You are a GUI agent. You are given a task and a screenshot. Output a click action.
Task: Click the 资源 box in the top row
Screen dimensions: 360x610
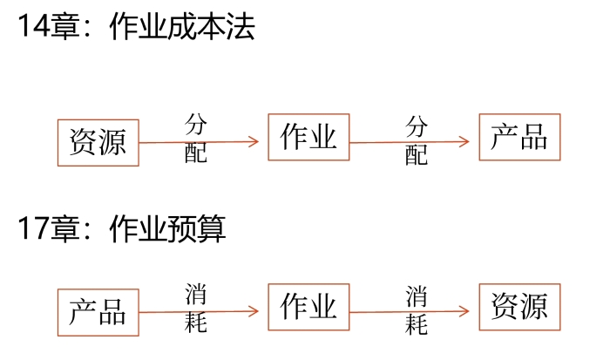coord(98,141)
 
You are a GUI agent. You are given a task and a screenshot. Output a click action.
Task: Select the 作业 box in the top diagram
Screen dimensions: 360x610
coord(308,137)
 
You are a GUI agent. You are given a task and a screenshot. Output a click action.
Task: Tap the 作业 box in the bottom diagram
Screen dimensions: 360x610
coord(308,307)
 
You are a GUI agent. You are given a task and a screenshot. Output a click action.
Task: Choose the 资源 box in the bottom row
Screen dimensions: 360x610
coord(519,307)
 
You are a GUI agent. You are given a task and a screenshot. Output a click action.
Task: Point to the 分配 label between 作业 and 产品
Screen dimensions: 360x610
coord(417,140)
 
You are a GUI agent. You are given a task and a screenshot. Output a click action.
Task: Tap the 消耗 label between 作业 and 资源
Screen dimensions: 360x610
coord(417,310)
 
